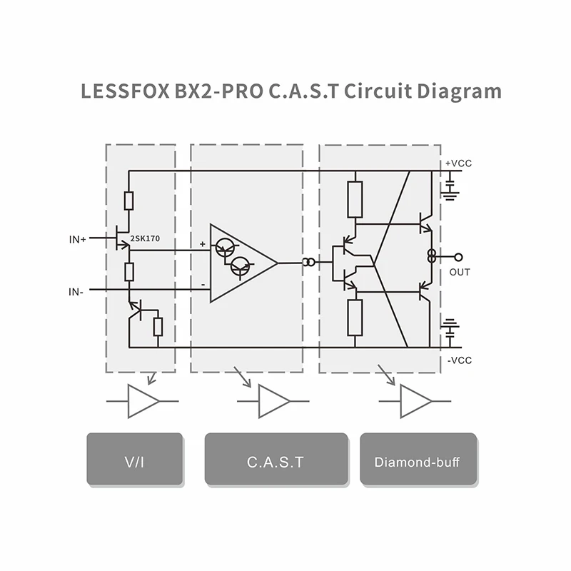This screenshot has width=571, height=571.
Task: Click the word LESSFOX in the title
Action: coord(124,92)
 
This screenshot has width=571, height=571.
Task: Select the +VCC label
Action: coord(458,163)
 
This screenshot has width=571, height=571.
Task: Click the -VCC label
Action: coord(459,360)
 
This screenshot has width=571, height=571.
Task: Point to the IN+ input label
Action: coord(77,240)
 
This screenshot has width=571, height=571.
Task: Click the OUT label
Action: coord(460,272)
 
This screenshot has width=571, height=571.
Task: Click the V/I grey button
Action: coord(134,460)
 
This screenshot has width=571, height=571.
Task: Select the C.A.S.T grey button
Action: coord(276,460)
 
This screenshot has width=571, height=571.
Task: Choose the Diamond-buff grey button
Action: coord(418,460)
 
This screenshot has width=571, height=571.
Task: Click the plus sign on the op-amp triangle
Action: coord(203,245)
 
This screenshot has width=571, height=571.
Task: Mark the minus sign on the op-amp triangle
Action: coord(203,285)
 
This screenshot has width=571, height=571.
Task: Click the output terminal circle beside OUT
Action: coord(458,256)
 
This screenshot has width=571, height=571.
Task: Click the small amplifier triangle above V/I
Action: coord(142,401)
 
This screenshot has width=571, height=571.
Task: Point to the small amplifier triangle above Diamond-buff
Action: coord(415,401)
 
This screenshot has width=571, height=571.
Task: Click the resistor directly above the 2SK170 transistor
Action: coord(128,201)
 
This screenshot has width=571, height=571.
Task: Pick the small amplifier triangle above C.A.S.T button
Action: coord(273,401)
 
